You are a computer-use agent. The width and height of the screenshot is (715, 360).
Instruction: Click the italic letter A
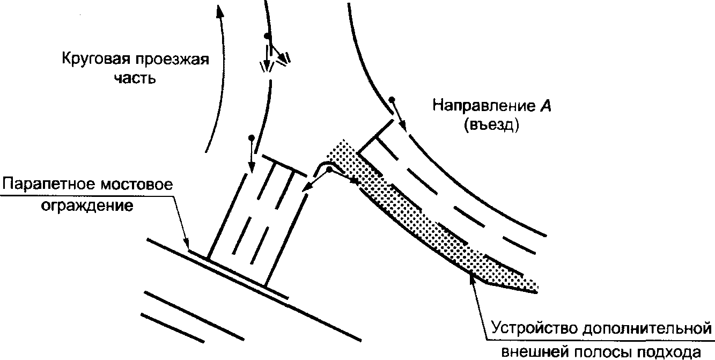click(x=547, y=106)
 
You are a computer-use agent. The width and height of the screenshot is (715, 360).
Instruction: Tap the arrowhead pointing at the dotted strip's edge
click(x=471, y=276)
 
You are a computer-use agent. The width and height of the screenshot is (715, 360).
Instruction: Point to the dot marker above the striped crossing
click(x=251, y=138)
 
